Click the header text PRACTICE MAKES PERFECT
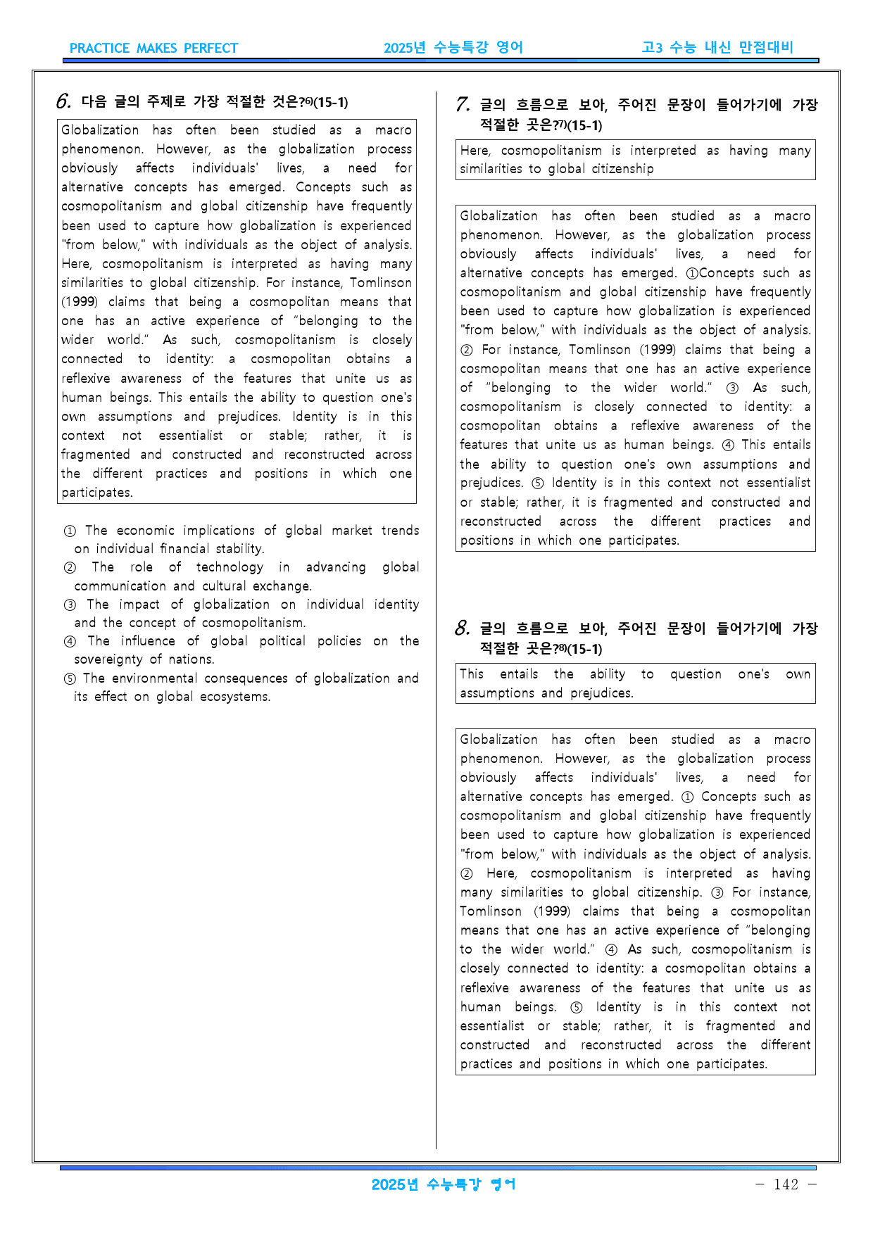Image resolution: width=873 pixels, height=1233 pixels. pos(153,49)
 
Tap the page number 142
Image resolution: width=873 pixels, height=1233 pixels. pos(786,1184)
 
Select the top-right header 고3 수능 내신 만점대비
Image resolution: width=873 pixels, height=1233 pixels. pos(717,47)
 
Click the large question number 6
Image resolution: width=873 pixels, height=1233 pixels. pos(63,102)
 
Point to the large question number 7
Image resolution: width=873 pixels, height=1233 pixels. pos(462,106)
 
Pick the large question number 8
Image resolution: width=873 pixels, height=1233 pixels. pos(462,628)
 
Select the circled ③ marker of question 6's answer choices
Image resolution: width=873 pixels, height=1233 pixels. pos(70,605)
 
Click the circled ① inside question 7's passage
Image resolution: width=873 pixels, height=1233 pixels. pos(692,273)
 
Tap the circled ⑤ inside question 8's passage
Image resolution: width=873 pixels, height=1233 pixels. pos(576,1007)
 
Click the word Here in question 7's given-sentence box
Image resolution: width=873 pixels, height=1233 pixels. pos(474,151)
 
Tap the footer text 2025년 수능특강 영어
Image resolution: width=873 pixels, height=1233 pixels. pos(444,1184)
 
